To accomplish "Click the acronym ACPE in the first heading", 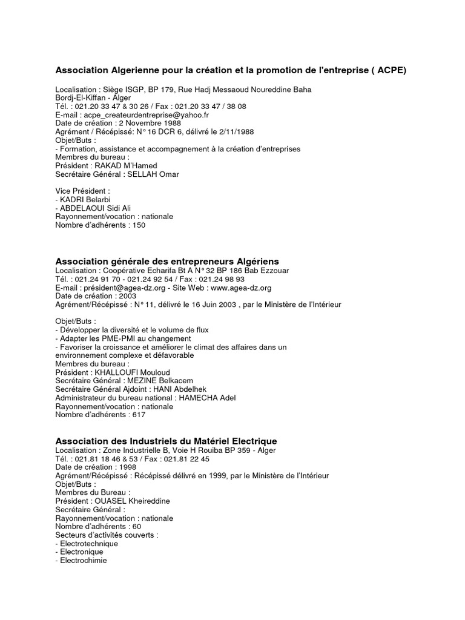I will pyautogui.click(x=388, y=70).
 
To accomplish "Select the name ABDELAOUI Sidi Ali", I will pyautogui.click(x=96, y=208).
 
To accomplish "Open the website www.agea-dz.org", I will pyautogui.click(x=241, y=288).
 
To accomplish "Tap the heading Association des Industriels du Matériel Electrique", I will pyautogui.click(x=167, y=441).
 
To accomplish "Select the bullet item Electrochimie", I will pyautogui.click(x=82, y=560).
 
